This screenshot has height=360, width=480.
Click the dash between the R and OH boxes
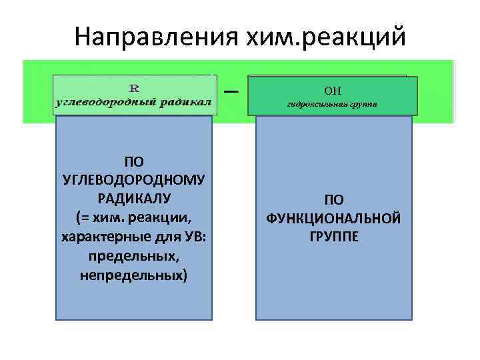pos(231,91)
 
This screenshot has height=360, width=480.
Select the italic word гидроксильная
pos(314,105)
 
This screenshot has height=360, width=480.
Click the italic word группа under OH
pos(363,105)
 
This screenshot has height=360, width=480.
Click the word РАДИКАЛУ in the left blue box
pos(134,198)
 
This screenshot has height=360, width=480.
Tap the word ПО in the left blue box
pos(134,161)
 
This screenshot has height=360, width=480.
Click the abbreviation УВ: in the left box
pos(193,236)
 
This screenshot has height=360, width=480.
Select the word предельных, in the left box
pos(134,255)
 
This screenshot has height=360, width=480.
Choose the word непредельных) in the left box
pos(134,274)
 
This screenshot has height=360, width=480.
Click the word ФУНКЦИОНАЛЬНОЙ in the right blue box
pos(333,218)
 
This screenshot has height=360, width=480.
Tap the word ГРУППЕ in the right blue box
pos(333,237)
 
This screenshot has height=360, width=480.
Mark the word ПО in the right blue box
pos(333,199)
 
